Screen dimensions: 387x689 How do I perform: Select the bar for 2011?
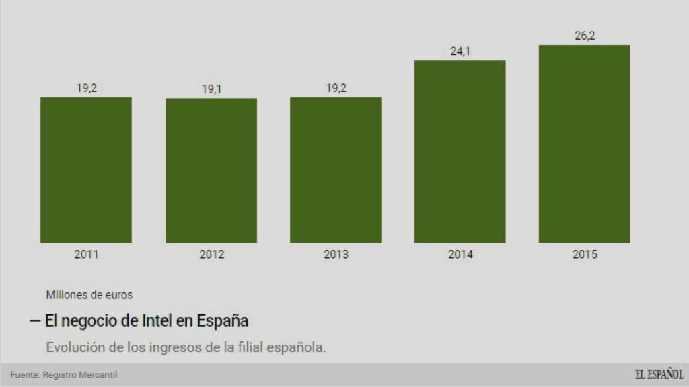point(86,169)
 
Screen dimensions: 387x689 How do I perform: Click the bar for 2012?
point(211,170)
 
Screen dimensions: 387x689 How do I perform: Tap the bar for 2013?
point(336,169)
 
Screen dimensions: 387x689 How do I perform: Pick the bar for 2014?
point(460,151)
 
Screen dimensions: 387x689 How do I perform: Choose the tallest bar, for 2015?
point(584,143)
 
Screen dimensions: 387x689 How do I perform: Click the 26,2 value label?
point(585,36)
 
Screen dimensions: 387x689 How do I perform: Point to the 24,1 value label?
point(460,52)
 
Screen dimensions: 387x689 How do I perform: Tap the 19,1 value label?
point(211,89)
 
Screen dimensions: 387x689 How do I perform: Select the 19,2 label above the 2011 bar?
point(86,88)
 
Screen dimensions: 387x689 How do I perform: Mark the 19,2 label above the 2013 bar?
point(336,88)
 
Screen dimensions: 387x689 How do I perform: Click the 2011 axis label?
point(86,255)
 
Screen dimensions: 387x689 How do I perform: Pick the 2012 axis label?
point(211,255)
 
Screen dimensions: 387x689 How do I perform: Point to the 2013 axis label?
point(336,255)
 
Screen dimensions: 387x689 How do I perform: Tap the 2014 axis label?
point(460,255)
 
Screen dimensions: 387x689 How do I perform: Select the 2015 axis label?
point(585,255)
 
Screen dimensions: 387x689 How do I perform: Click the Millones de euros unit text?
point(89,294)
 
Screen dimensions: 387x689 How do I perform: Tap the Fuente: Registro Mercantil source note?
point(59,374)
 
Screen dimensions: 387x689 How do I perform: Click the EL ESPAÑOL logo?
point(658,374)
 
